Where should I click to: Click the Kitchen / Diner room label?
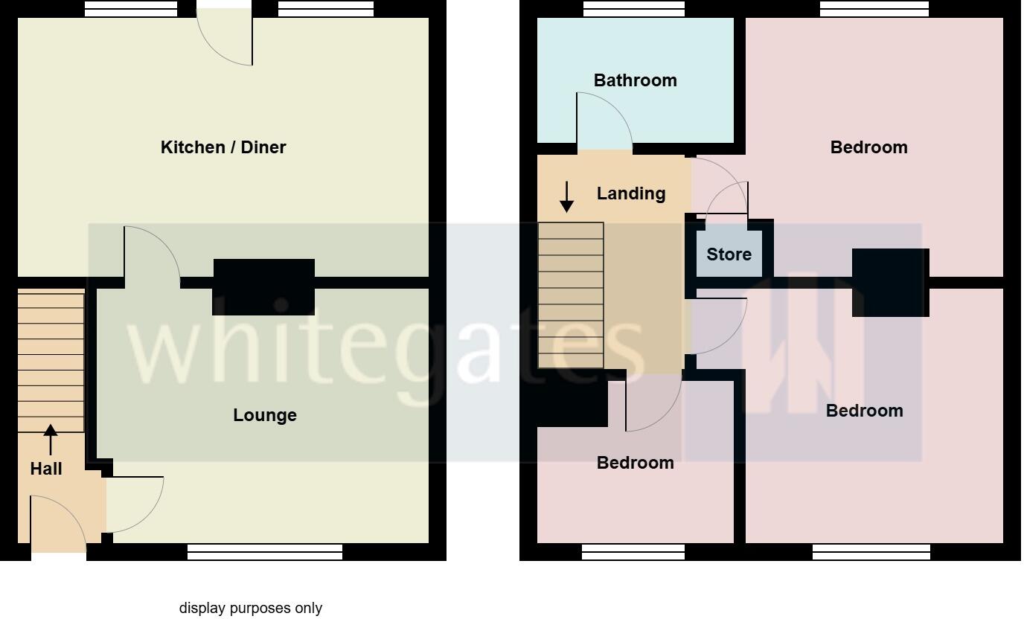tap(223, 147)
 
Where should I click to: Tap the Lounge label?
tap(265, 415)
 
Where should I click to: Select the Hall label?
tap(46, 469)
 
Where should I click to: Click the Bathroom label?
tap(635, 80)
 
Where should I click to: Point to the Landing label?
tap(631, 193)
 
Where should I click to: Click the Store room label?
tap(729, 254)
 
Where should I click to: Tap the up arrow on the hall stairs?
tap(51, 439)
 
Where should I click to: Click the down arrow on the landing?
tap(567, 196)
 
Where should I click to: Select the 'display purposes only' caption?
tap(251, 608)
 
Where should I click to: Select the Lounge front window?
tap(265, 551)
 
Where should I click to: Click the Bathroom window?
tap(633, 9)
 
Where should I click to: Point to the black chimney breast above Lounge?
tap(263, 286)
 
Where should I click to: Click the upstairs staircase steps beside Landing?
tap(571, 295)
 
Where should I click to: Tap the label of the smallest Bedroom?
tap(635, 463)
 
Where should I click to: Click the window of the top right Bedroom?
tap(874, 9)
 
